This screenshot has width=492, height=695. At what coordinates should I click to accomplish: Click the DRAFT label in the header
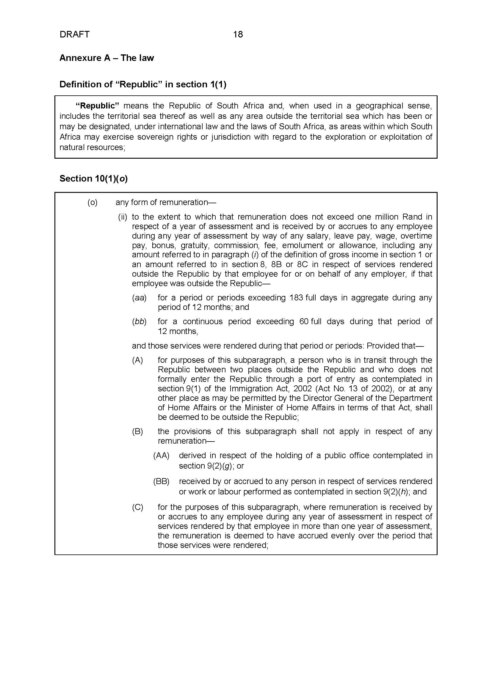(x=75, y=34)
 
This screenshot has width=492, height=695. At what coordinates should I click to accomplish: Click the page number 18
(x=238, y=34)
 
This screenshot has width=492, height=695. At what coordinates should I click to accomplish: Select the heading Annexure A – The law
(x=107, y=58)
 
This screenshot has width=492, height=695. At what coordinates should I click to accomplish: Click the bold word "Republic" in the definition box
(x=97, y=106)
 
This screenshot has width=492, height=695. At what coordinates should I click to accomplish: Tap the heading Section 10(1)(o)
(x=94, y=179)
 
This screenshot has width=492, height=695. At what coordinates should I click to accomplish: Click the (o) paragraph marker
(x=93, y=202)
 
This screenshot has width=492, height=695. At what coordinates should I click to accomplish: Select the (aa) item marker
(x=139, y=298)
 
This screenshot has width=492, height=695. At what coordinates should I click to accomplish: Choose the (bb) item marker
(x=139, y=322)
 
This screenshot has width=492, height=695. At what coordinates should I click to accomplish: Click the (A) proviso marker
(x=137, y=360)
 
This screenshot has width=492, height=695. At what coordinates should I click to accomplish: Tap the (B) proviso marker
(x=137, y=431)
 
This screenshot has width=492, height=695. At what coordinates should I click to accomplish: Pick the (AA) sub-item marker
(x=161, y=455)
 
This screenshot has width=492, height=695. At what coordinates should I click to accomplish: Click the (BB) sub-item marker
(x=161, y=481)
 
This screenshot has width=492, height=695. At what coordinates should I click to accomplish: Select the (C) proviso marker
(x=137, y=507)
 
